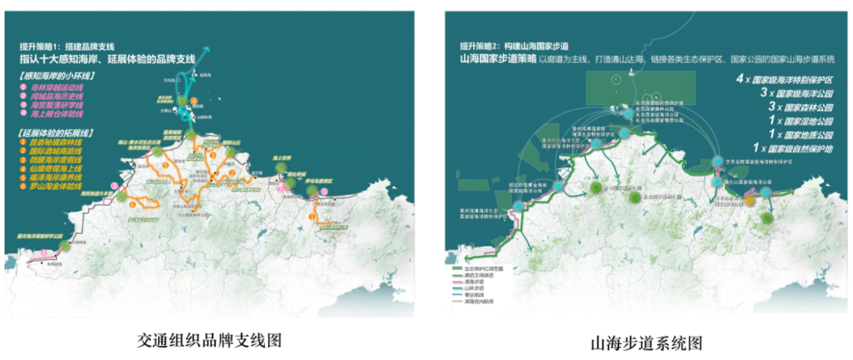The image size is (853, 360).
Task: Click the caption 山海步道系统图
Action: point(647,343)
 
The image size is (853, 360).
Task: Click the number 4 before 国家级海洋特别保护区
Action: point(739,79)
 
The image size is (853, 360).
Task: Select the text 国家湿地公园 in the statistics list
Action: point(805,122)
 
